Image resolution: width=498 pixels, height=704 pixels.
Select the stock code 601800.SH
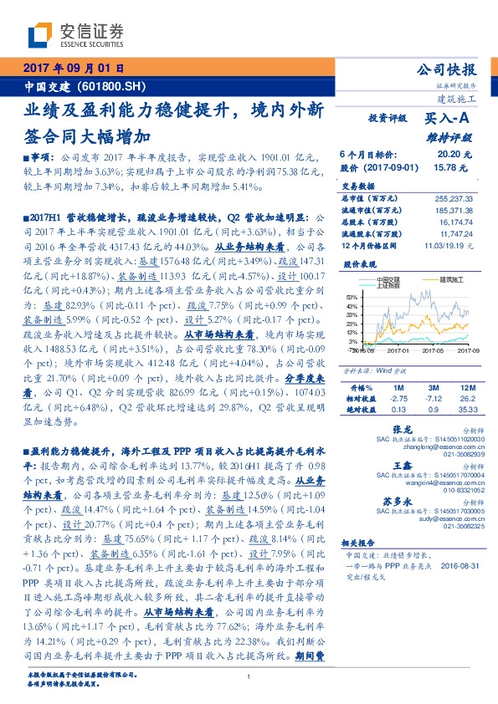pos(105,86)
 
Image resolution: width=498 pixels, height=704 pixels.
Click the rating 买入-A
pos(449,120)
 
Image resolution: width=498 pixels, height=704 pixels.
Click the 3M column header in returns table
pos(434,388)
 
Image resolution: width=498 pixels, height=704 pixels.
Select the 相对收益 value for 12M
pos(468,399)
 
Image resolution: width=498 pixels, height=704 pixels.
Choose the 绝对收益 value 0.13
pos(398,410)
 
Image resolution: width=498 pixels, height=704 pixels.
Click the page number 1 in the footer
pos(249,677)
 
